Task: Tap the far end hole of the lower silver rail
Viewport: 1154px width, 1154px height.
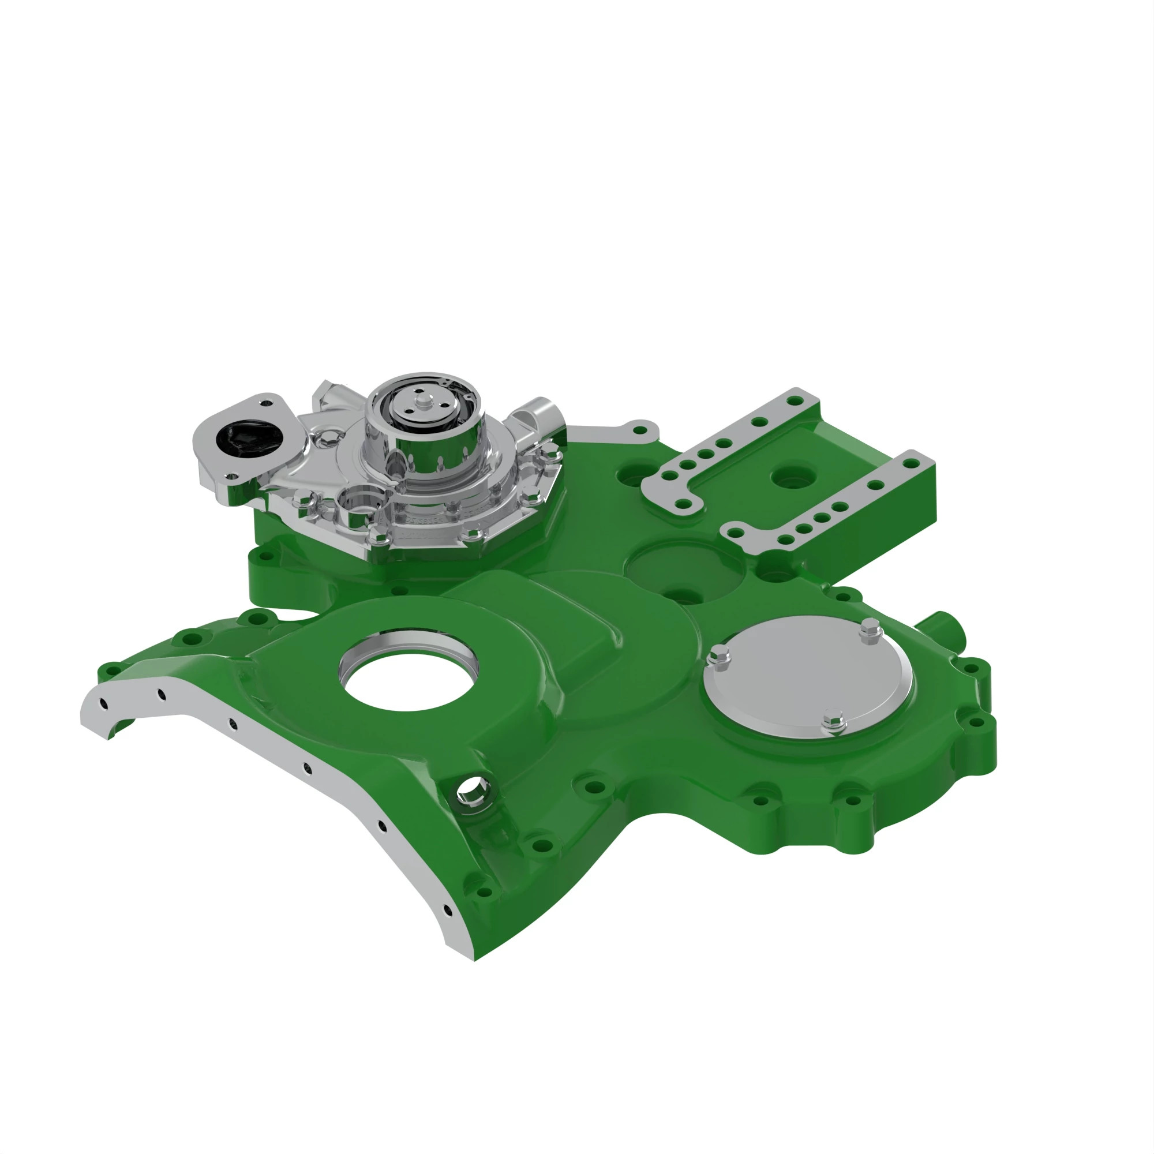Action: [x=911, y=463]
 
